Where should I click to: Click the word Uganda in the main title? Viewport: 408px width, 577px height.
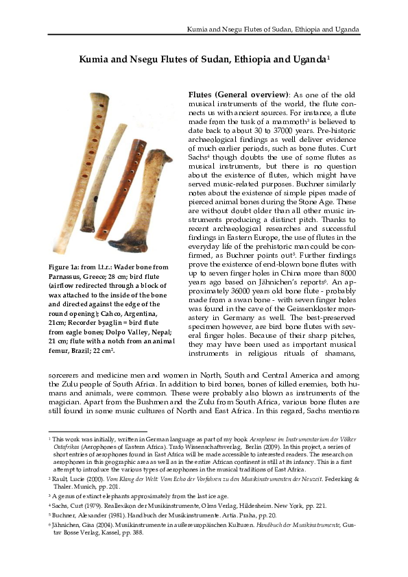(x=307, y=60)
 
